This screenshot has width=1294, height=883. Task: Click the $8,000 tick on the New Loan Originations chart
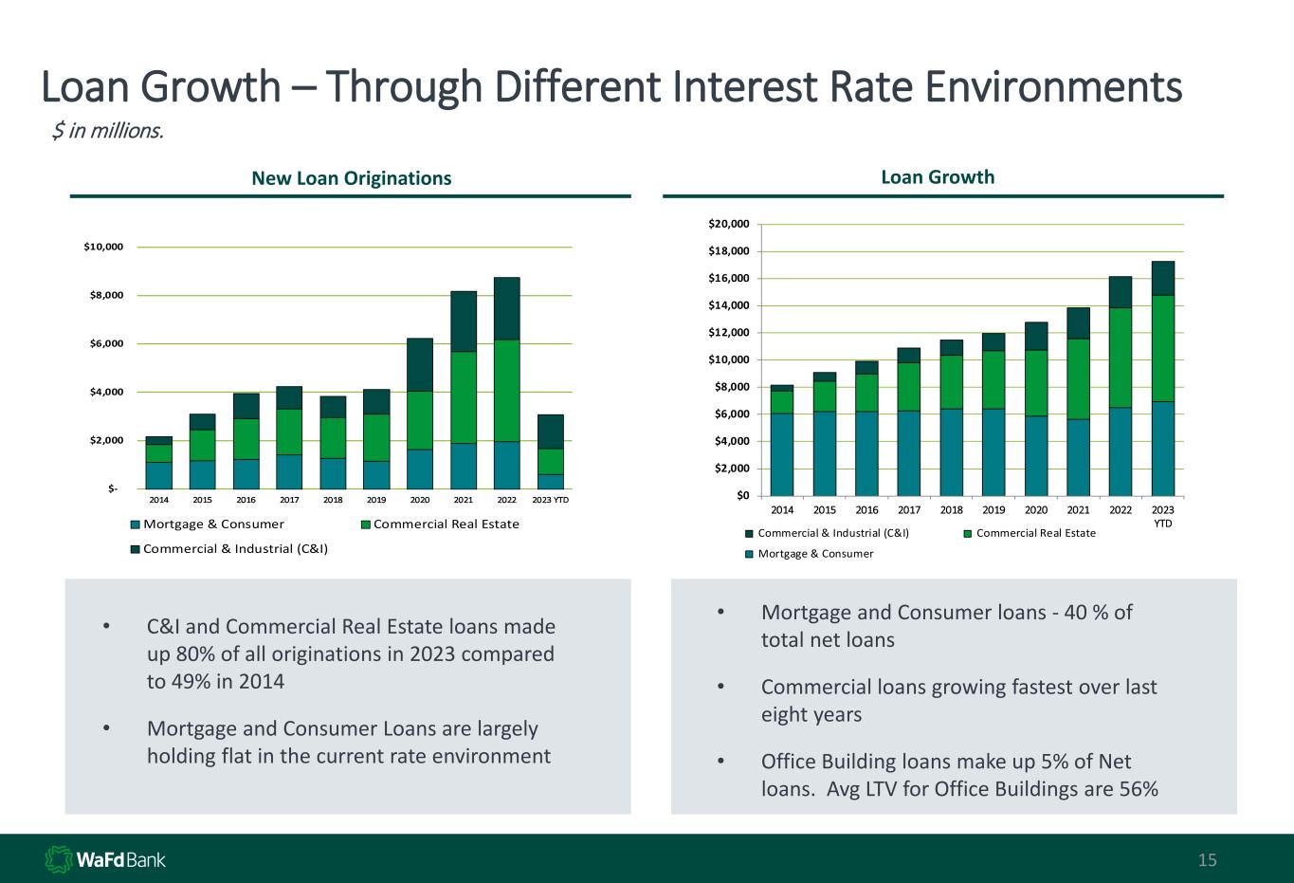[104, 295]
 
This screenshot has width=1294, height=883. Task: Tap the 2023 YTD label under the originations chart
[551, 500]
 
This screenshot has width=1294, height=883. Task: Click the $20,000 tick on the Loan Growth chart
[729, 224]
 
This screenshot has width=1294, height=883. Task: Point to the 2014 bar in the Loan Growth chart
[782, 440]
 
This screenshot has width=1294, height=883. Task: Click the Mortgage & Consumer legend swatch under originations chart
[136, 524]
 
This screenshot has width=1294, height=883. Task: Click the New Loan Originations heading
[351, 178]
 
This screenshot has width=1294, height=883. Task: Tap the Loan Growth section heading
[938, 177]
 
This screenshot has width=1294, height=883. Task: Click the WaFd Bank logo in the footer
[105, 859]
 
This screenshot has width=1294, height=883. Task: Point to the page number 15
[1207, 860]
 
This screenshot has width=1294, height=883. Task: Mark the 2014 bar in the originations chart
[159, 463]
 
